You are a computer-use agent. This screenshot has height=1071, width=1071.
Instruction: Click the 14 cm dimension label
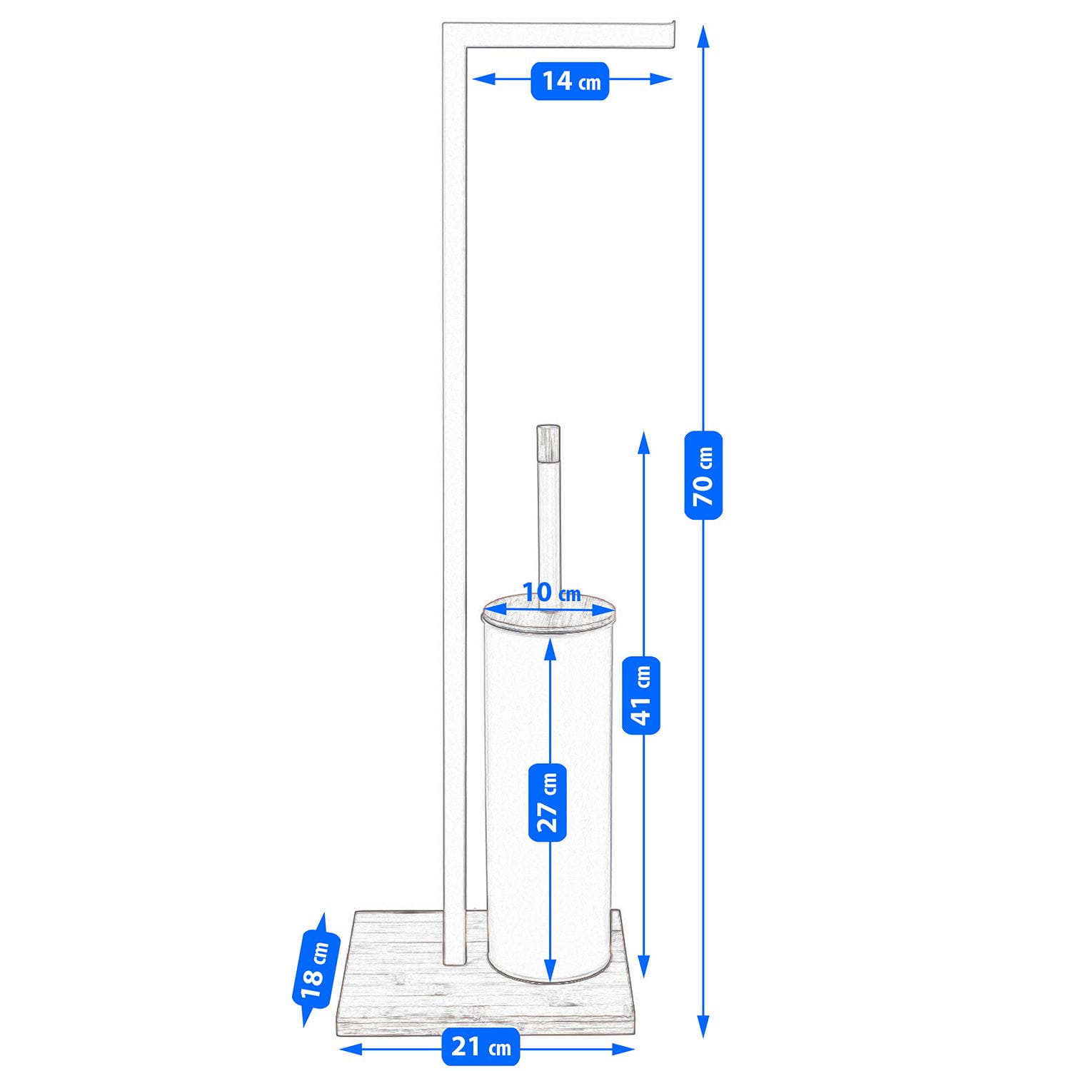coord(570,81)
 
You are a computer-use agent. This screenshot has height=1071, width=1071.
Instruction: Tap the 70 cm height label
coord(703,475)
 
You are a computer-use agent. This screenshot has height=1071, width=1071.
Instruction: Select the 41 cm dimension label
coord(641,695)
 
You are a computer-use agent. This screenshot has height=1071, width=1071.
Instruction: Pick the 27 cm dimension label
coord(548,802)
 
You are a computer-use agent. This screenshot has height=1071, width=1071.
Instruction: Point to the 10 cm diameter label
coord(551,593)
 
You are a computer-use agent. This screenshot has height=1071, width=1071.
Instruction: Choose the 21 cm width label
coord(481,1047)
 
